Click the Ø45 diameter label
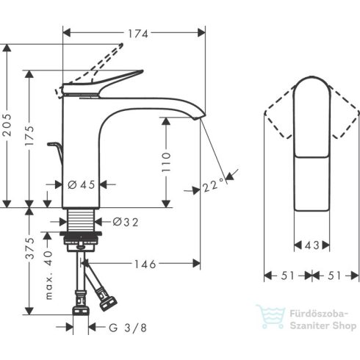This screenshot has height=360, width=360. [82, 184]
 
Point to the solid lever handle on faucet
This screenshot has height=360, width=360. [110, 80]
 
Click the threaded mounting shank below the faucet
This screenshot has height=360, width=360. [82, 221]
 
